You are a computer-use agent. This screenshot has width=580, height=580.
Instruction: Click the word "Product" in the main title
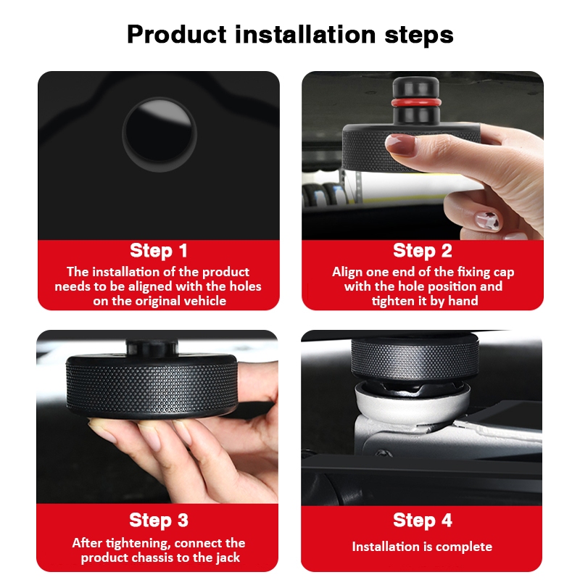[176, 35]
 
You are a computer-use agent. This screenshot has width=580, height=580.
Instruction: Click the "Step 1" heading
[158, 250]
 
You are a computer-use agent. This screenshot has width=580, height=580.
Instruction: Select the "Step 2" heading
[423, 250]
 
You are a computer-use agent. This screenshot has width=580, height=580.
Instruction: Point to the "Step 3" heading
[159, 520]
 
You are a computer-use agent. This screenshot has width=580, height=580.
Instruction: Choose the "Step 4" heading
[423, 520]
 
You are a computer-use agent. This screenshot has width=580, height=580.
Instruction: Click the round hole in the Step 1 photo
[159, 135]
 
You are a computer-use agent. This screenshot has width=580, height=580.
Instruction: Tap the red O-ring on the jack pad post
[416, 102]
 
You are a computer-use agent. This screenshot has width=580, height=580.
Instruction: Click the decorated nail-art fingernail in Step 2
[487, 221]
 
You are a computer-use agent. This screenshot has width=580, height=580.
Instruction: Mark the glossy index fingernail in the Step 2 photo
[400, 144]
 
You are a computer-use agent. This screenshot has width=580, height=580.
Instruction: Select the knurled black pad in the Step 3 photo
[152, 386]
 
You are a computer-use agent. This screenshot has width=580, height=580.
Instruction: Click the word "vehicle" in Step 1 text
[204, 301]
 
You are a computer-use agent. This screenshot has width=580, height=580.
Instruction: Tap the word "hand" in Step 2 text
[463, 301]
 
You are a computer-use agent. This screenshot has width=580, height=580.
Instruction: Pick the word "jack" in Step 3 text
[227, 558]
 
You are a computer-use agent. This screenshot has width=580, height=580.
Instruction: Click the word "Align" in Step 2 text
[347, 273]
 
